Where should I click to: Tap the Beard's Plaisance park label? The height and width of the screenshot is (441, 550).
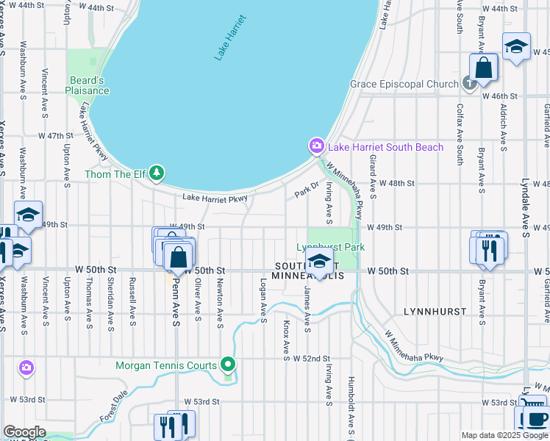[x=89, y=85]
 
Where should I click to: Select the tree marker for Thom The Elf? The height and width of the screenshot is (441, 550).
[x=156, y=173]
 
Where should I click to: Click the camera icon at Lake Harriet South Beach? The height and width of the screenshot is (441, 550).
[x=316, y=146]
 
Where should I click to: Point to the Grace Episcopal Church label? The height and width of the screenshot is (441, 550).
[x=404, y=84]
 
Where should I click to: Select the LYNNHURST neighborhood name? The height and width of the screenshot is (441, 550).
[x=435, y=312]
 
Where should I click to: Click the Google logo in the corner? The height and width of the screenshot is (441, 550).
[x=24, y=432]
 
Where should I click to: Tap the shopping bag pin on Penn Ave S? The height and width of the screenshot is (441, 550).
[x=178, y=258]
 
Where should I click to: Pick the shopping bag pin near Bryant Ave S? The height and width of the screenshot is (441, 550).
[x=485, y=68]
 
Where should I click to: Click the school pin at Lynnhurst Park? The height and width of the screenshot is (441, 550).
[x=319, y=260]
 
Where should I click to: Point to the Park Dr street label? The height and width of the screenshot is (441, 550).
[x=307, y=190]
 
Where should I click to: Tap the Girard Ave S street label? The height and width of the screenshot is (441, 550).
[x=373, y=176]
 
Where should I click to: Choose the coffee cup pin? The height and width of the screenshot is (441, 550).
[x=535, y=420]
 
